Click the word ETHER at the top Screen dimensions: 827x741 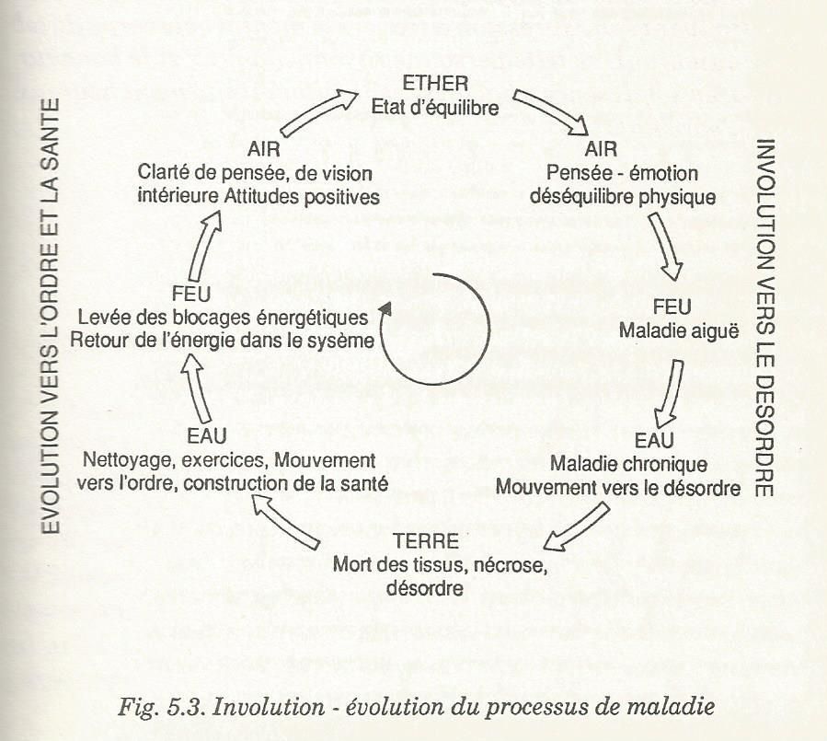(x=435, y=84)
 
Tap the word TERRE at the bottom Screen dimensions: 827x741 (x=426, y=541)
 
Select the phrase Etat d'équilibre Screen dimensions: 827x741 (x=435, y=107)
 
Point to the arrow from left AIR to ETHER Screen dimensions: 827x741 (x=319, y=112)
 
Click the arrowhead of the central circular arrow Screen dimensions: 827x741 (x=385, y=309)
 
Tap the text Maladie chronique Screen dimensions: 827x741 (x=628, y=464)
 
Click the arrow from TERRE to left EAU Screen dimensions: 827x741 (x=285, y=522)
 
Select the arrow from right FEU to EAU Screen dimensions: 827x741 (x=668, y=393)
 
